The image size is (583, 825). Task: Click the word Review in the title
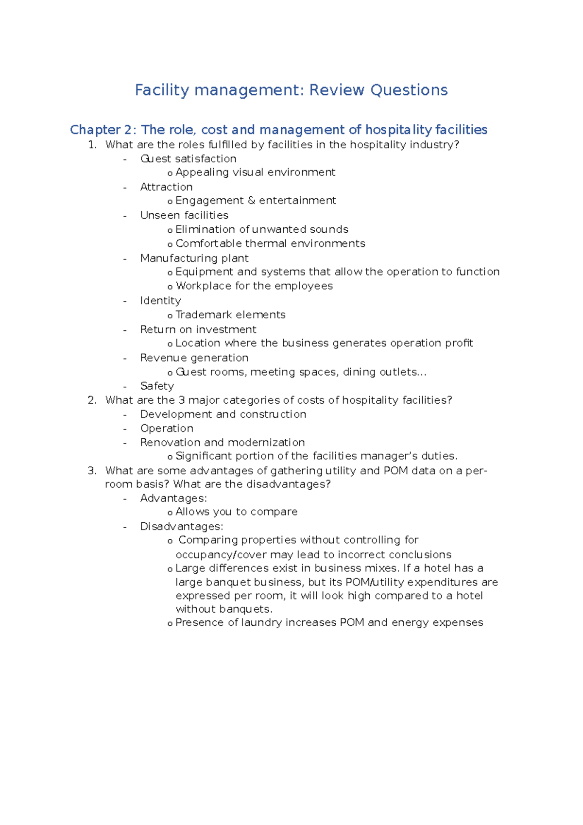point(336,90)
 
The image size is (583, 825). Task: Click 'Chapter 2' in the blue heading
point(101,130)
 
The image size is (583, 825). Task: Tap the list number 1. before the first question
point(92,145)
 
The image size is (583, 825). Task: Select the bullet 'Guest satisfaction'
point(188,159)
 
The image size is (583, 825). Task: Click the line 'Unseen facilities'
point(184,215)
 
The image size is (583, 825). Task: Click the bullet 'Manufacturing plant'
point(194,258)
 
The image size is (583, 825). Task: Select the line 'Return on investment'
point(198,329)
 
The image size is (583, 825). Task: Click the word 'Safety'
point(157,386)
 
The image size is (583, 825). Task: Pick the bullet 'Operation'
point(167,429)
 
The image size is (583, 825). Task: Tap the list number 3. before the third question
point(92,471)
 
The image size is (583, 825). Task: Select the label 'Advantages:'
point(173,498)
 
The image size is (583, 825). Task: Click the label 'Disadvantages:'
point(182,527)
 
